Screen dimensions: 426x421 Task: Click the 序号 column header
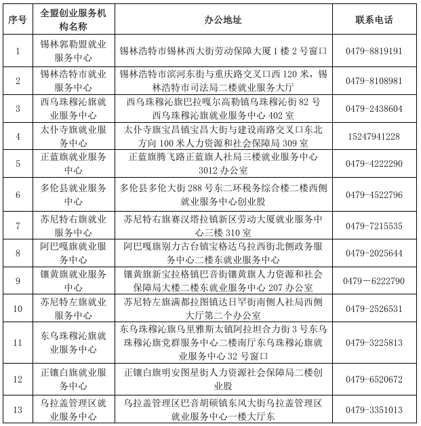18,20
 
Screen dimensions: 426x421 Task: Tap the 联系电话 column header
374,20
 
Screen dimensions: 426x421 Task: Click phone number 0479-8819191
374,51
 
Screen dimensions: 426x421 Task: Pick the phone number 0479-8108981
374,80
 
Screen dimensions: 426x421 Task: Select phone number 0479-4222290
374,164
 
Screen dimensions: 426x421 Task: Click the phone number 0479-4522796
374,195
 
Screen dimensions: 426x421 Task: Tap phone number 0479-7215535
374,225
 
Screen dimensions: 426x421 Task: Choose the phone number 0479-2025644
374,253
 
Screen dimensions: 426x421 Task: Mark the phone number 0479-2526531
374,309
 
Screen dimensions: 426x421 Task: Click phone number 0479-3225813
374,343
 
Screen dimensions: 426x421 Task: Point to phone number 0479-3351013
374,410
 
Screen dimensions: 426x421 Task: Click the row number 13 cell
18,410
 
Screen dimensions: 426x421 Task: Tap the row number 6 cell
18,195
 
